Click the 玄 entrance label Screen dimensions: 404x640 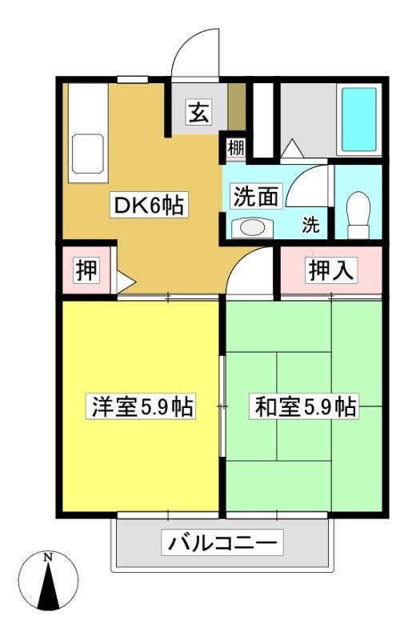198,112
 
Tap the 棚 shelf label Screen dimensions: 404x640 235,147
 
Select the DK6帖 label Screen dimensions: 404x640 149,205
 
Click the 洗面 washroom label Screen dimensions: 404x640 256,196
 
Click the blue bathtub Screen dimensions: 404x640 358,119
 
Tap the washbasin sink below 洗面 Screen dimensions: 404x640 252,228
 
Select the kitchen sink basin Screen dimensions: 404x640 87,154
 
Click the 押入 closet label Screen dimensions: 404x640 331,270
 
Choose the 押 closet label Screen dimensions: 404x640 86,270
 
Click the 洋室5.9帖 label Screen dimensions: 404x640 141,406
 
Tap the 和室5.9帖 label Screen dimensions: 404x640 305,406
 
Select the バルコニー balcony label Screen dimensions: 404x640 222,542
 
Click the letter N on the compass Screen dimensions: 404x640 49,557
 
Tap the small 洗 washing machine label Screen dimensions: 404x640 310,225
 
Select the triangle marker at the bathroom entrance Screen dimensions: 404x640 292,149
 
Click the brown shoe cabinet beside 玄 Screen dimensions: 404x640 236,106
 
